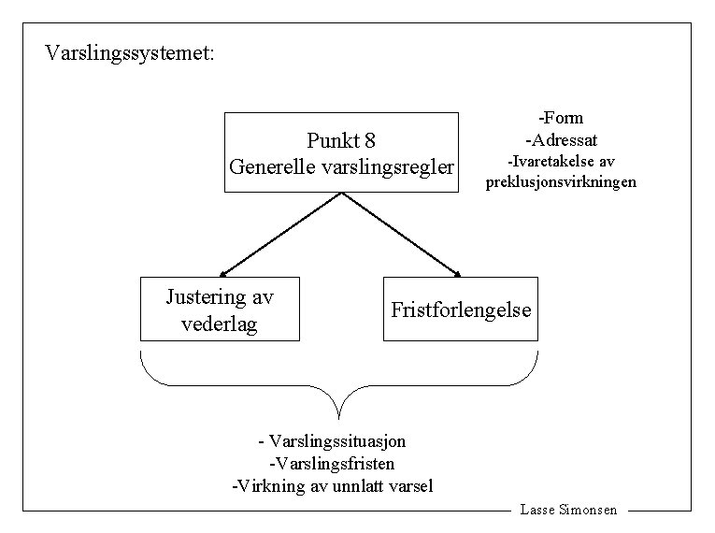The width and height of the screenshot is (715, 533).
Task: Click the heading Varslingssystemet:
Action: (x=130, y=52)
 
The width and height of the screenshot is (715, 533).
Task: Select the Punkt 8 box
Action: (x=342, y=152)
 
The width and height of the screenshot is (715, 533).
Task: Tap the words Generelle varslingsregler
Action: (x=342, y=167)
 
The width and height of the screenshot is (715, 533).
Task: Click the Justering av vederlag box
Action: (x=220, y=309)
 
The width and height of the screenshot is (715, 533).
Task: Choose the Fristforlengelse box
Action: (x=461, y=309)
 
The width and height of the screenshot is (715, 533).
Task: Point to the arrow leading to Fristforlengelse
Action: (x=402, y=235)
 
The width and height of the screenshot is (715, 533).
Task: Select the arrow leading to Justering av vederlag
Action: (x=281, y=235)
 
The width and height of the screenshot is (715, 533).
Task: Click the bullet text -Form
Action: (x=561, y=118)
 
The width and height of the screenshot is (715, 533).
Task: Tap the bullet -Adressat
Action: (x=561, y=140)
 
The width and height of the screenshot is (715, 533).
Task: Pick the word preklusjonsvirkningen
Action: (x=561, y=182)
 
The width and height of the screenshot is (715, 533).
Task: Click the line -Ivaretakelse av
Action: (x=561, y=162)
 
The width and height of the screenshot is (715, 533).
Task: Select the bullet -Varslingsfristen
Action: (x=331, y=463)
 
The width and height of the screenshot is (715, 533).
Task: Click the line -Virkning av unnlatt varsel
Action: (x=332, y=486)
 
